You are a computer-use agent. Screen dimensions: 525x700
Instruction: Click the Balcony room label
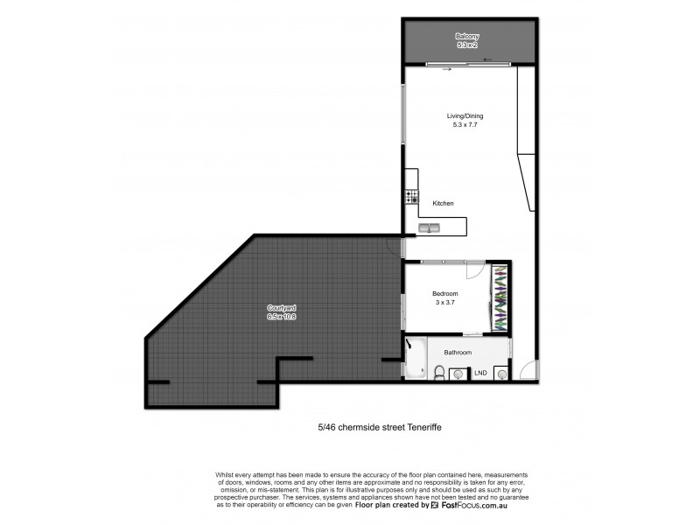coord(466,36)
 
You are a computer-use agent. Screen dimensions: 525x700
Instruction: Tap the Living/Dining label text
coord(465,115)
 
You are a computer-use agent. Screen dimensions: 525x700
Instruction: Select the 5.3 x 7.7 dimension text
coord(465,125)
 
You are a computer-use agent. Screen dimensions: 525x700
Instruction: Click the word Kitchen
coord(443,203)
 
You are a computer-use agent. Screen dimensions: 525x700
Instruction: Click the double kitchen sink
coord(430,228)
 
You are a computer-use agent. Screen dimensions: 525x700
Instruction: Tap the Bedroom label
coord(446,294)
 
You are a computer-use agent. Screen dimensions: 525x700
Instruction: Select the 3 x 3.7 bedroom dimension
coord(446,304)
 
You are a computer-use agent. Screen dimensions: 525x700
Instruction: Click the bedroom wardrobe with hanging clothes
coord(500,297)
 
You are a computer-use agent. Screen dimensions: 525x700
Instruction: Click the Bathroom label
coord(457,353)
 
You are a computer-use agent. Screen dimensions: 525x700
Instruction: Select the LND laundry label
coord(480,374)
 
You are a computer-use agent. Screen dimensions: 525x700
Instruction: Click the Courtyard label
coord(281,308)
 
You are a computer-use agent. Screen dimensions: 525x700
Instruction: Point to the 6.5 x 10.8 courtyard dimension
coord(281,318)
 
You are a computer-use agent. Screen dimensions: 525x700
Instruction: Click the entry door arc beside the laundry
coord(527,371)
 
